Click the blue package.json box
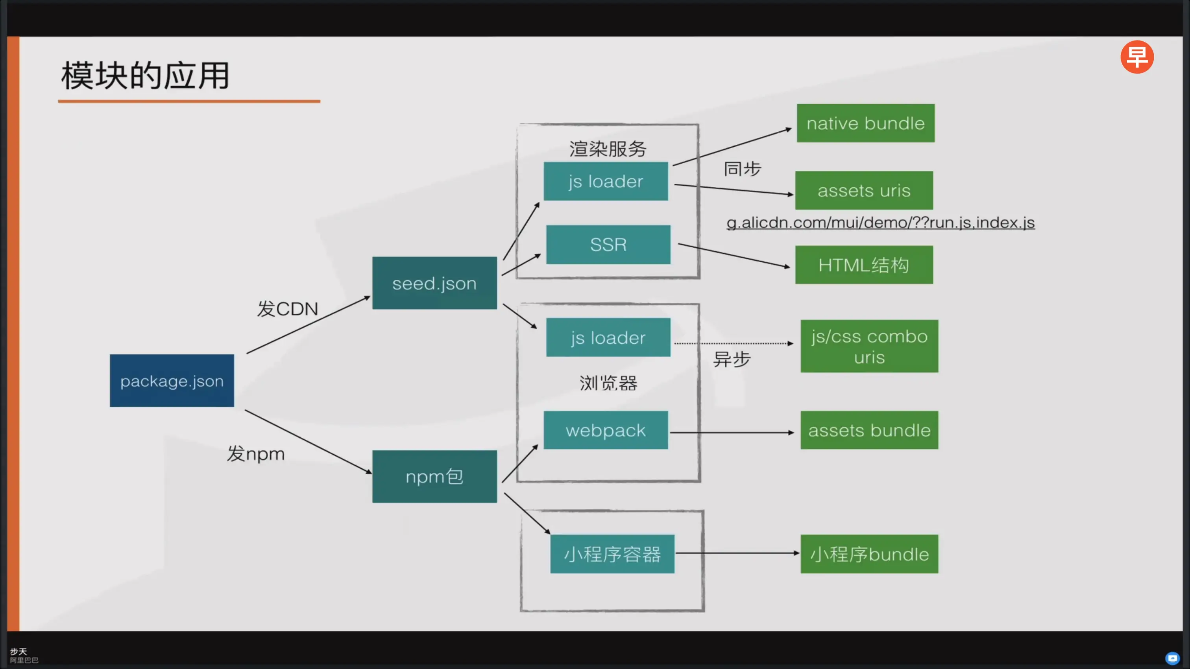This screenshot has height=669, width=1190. tap(172, 380)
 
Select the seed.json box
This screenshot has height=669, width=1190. tap(434, 283)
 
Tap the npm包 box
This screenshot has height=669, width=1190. tap(434, 476)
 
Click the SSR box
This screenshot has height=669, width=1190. tap(608, 244)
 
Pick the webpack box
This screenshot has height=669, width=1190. tap(606, 430)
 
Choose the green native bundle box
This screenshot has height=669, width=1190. tap(865, 123)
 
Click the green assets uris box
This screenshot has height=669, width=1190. tap(864, 190)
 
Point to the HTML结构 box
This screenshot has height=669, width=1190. tap(864, 265)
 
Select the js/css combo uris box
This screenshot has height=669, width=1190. tap(869, 346)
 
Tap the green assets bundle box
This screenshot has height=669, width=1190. tap(869, 430)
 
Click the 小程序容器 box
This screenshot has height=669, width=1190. tap(612, 554)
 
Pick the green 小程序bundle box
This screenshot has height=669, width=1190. tap(869, 554)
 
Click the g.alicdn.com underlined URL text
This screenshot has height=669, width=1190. tap(880, 223)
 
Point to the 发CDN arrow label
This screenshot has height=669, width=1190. tap(287, 308)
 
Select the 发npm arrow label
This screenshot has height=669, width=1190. tap(255, 453)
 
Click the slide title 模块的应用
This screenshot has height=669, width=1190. tap(146, 75)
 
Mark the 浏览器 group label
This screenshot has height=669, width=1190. tap(608, 383)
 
